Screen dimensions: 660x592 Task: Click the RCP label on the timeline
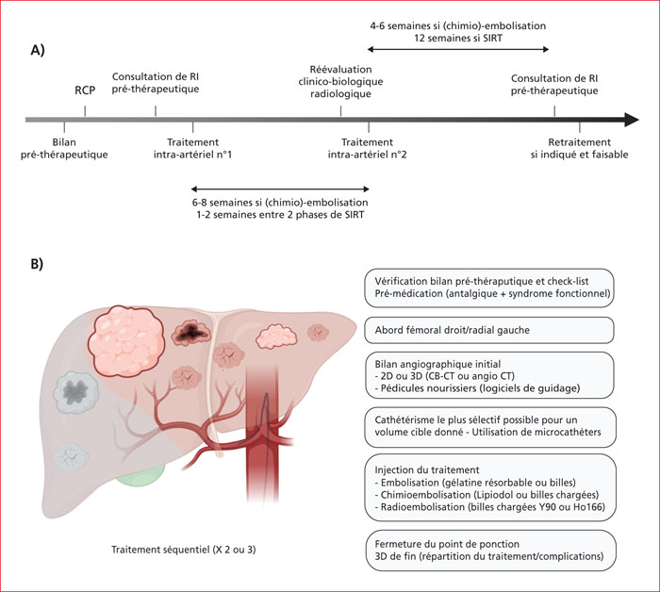[x=85, y=90]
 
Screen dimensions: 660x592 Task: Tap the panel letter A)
[x=38, y=51]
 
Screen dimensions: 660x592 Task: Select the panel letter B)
[x=37, y=264]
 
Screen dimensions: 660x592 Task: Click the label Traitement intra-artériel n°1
[x=192, y=149]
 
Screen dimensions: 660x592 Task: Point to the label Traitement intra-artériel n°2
[x=367, y=149]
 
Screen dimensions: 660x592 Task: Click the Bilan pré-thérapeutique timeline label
[x=64, y=149]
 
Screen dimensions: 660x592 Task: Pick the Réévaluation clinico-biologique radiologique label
[x=340, y=82]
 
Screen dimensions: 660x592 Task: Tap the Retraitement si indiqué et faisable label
[x=579, y=149]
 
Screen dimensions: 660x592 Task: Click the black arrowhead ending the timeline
[x=632, y=120]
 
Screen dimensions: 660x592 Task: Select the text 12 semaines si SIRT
[x=458, y=39]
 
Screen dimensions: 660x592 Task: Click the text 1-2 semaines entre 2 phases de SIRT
[x=280, y=215]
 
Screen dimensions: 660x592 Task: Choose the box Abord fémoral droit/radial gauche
[x=489, y=330]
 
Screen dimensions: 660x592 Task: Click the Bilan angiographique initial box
[x=489, y=375]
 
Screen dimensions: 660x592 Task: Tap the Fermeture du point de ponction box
[x=490, y=551]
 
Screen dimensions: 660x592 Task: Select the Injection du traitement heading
[x=427, y=470]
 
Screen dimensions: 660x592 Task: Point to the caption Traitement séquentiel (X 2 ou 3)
[x=184, y=550]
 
